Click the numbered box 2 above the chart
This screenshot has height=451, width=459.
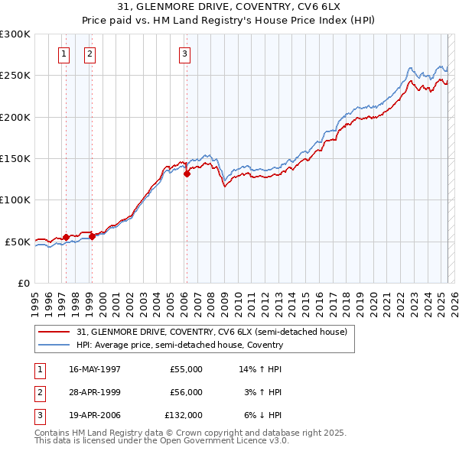90,54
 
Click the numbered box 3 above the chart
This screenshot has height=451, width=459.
184,54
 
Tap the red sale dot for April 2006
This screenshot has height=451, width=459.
187,174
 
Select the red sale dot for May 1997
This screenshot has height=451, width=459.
67,237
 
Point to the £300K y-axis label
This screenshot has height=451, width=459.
15,34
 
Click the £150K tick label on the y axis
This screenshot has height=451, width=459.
15,158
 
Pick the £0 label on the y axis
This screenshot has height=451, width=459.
24,283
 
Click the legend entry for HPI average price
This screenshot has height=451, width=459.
180,345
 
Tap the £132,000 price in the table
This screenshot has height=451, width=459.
184,415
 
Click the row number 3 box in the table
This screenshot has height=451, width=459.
39,415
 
